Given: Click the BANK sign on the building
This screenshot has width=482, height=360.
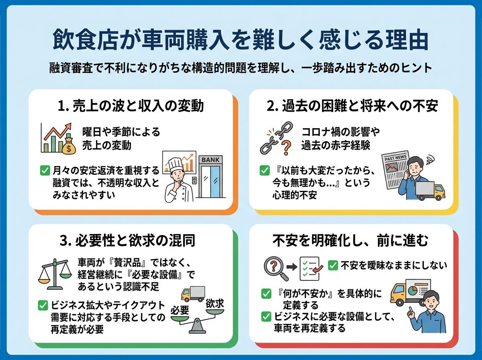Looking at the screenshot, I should pos(211,160).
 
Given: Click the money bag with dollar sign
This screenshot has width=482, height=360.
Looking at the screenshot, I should pos(69,146).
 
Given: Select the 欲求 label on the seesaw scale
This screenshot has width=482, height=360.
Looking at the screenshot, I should pos(214,304).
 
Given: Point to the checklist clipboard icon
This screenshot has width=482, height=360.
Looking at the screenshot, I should pos(310,269).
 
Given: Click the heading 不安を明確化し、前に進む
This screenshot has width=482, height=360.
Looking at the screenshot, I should pos(350,241).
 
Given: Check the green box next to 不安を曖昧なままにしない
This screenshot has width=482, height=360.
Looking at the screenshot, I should pos(333,265).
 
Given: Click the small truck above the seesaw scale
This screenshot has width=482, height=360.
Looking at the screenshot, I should pos(192,294).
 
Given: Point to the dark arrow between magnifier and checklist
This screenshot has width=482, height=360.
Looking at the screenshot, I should pos(292,267).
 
